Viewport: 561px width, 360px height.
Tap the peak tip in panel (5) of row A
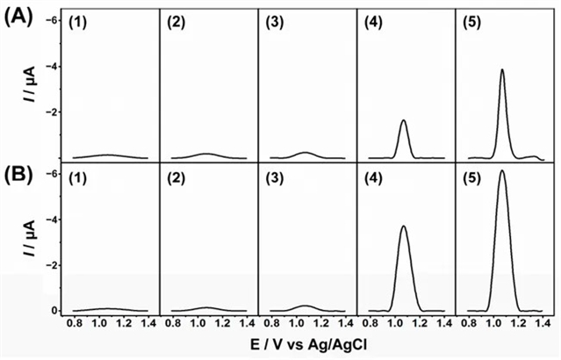point(502,69)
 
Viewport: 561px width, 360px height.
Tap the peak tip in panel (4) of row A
point(404,120)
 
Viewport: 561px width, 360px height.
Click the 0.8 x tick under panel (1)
point(76,323)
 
